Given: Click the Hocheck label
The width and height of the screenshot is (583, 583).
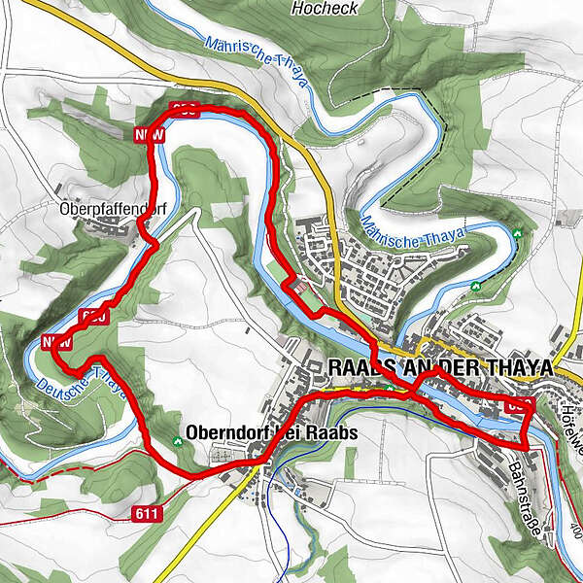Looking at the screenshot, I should click(325, 8).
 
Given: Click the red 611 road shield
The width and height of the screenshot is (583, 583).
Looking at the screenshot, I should click(146, 512).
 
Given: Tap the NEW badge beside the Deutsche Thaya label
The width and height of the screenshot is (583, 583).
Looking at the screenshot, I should click(56, 342).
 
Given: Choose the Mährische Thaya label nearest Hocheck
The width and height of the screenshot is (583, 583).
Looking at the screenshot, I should click(255, 62).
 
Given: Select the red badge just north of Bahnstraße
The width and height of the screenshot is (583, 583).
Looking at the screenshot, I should click(520, 406).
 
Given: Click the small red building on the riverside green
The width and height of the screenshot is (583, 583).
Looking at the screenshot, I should click(302, 289).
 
